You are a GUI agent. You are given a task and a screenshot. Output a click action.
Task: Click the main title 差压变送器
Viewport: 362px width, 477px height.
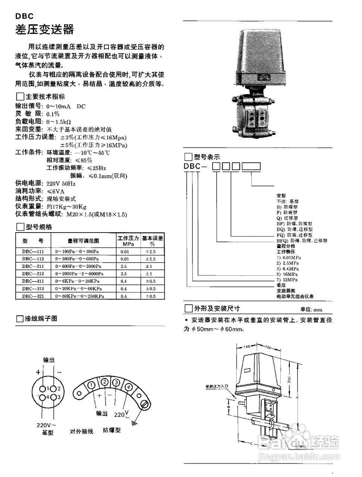[44, 30]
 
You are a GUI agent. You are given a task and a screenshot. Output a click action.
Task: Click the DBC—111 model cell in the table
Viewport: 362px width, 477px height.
[33, 252]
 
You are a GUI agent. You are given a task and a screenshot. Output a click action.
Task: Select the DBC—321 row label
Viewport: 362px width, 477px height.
[33, 296]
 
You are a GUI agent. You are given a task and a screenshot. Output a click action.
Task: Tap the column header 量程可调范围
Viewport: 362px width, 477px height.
[83, 241]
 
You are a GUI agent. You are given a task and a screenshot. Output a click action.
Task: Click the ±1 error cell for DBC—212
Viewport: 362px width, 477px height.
[148, 274]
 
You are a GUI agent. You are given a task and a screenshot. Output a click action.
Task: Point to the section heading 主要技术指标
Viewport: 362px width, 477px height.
[45, 97]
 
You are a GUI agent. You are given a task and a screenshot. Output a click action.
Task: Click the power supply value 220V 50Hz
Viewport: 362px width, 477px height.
[61, 184]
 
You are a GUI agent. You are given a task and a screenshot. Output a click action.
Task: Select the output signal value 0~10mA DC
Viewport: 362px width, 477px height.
[66, 106]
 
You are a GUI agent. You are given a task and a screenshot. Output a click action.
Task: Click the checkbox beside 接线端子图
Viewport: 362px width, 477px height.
[20, 319]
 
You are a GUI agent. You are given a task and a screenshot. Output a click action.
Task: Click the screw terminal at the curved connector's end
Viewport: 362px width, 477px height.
[145, 403]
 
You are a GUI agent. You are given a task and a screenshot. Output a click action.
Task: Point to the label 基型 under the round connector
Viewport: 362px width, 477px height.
[47, 433]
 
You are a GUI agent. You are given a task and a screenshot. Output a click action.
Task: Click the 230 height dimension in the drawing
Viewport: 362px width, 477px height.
[289, 379]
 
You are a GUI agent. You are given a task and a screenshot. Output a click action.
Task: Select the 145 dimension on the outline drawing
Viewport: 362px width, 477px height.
[246, 346]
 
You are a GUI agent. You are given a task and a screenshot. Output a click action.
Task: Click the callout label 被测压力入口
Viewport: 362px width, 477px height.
[216, 386]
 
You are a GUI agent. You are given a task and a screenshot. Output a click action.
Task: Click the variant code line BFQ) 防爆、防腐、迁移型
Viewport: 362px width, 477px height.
[302, 241]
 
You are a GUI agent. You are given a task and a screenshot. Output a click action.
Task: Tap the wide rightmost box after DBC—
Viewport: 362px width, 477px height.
[251, 167]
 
